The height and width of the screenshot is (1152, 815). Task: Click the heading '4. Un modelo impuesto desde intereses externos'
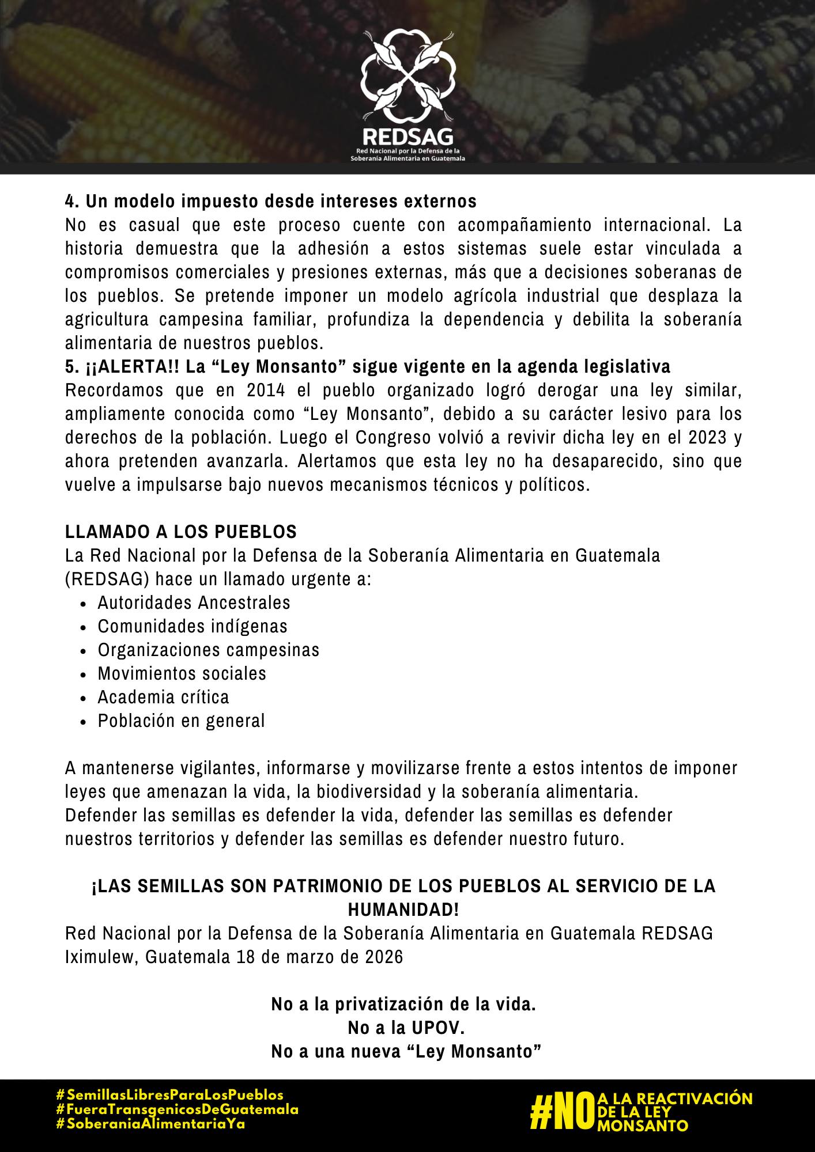(x=271, y=202)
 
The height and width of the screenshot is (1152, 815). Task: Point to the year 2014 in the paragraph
(x=266, y=391)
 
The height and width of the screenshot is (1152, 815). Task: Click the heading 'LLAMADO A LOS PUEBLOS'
(x=181, y=532)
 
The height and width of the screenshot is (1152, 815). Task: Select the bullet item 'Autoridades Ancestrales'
(x=194, y=602)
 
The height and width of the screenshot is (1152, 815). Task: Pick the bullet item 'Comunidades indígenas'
(x=193, y=626)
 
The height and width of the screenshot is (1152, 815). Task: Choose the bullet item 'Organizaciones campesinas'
(x=208, y=650)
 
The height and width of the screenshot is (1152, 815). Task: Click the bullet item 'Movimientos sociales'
(x=182, y=673)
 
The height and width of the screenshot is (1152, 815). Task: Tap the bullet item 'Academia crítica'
(x=163, y=697)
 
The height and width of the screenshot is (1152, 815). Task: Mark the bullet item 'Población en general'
(x=181, y=721)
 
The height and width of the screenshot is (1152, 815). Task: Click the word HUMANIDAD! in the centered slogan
(x=403, y=910)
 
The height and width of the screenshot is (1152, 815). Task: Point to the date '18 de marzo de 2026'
(x=319, y=957)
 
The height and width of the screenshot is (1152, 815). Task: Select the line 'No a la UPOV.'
(x=406, y=1028)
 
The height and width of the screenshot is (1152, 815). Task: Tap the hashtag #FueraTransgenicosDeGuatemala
(x=177, y=1109)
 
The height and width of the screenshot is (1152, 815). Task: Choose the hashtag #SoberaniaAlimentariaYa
(x=150, y=1124)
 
